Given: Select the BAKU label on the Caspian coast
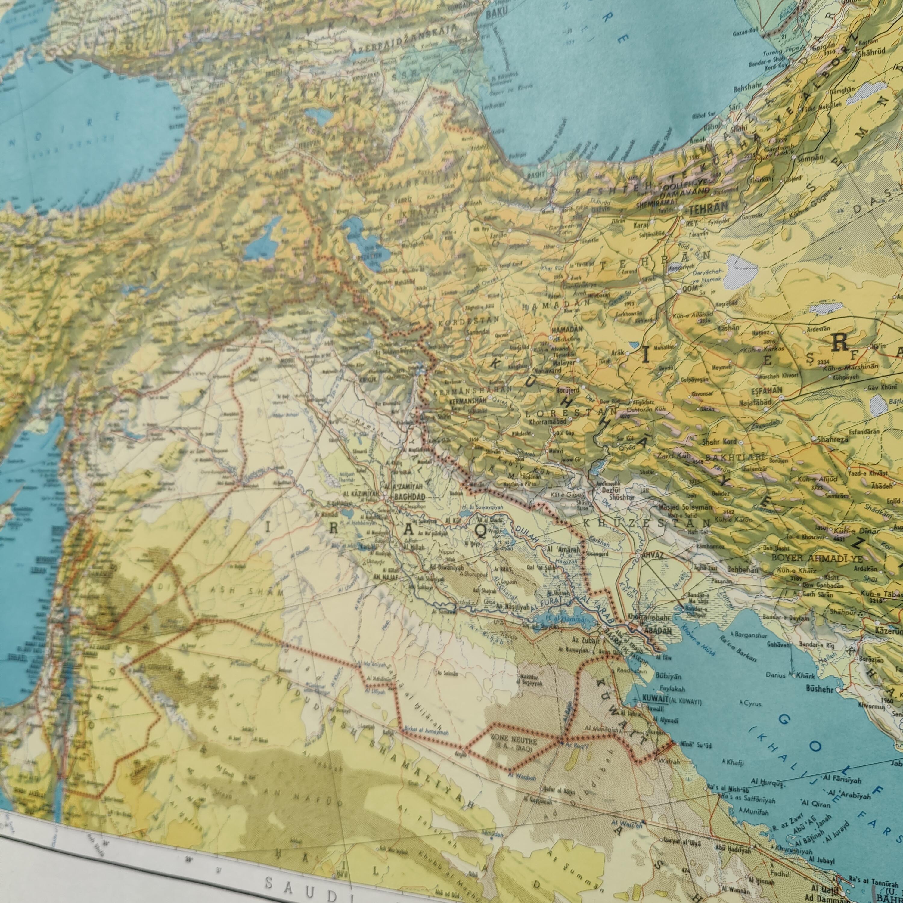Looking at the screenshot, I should coord(497,14).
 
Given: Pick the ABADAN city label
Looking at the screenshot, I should coord(658,631).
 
